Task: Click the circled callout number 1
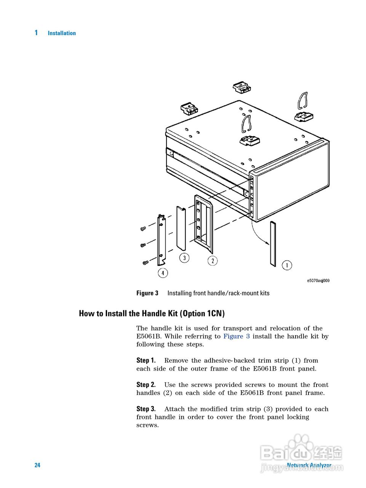click(x=287, y=265)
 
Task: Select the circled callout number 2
click(x=213, y=261)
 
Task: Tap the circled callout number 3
click(x=184, y=258)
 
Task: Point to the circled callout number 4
click(x=163, y=273)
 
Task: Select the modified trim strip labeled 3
click(x=181, y=228)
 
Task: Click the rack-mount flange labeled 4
click(x=162, y=240)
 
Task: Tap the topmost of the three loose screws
click(x=143, y=229)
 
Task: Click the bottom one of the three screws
click(x=145, y=262)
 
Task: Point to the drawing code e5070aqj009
click(x=318, y=281)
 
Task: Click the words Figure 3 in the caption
click(x=147, y=293)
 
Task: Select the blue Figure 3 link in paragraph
click(x=237, y=336)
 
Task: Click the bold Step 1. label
click(x=146, y=360)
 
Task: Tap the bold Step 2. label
click(x=146, y=385)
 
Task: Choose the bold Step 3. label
click(x=146, y=409)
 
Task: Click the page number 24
click(x=37, y=465)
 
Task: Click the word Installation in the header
click(x=62, y=33)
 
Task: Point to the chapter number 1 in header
click(x=36, y=33)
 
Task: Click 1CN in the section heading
click(x=214, y=314)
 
